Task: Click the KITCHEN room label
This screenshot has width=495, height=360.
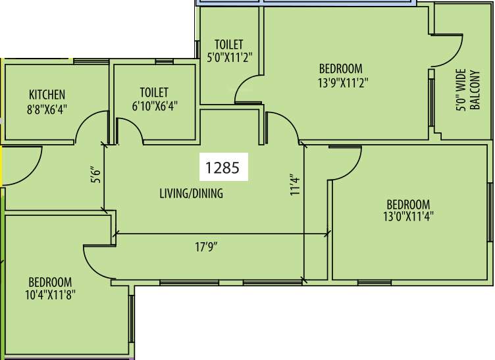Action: click(x=47, y=94)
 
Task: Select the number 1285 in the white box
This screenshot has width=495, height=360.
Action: click(x=224, y=168)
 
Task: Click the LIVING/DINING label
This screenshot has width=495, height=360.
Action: click(x=191, y=193)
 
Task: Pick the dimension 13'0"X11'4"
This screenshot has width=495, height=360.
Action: click(x=408, y=216)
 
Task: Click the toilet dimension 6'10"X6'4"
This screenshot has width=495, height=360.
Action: click(x=153, y=105)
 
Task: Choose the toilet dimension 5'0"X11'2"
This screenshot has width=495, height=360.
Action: click(x=229, y=57)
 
